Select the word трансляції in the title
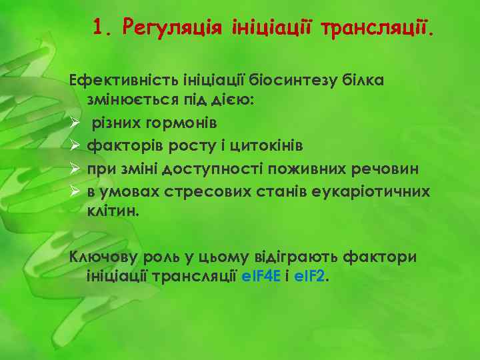pyautogui.click(x=376, y=28)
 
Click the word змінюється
pyautogui.click(x=127, y=101)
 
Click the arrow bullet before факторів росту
pyautogui.click(x=76, y=145)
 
